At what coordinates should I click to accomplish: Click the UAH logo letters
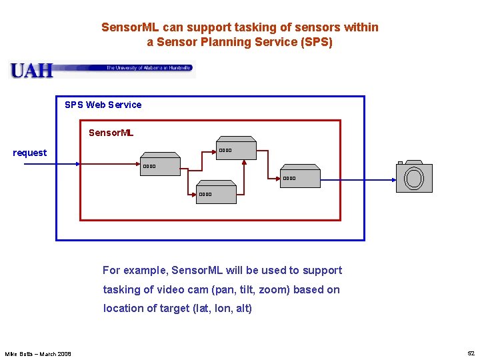(31, 70)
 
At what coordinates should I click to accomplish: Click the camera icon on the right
(413, 177)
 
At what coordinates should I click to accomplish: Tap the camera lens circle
(414, 178)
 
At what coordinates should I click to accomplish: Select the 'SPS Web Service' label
(103, 105)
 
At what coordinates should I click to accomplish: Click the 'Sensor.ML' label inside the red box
(111, 133)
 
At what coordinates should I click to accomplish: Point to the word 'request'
(30, 153)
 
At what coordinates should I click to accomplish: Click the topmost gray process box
(236, 149)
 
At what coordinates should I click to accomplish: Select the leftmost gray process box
(160, 166)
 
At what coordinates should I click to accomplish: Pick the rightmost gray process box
(300, 178)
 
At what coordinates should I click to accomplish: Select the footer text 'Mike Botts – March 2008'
(38, 353)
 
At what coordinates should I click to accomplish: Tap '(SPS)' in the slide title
(316, 42)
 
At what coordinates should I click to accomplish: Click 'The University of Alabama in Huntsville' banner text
(149, 67)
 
